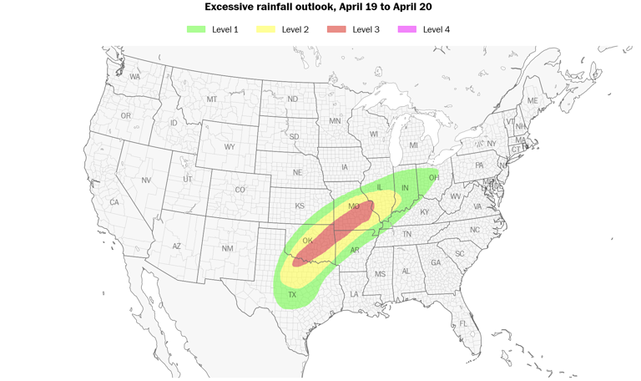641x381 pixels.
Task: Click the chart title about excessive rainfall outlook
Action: [x=318, y=7]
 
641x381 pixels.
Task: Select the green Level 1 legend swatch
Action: [x=195, y=29]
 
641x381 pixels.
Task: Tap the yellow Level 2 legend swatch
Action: [x=265, y=29]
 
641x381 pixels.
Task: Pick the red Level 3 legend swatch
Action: [x=336, y=29]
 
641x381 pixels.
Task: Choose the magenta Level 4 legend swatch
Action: [x=407, y=29]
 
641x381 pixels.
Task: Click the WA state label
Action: [x=134, y=77]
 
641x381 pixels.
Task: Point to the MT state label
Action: [x=212, y=99]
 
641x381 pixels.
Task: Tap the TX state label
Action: [x=292, y=295]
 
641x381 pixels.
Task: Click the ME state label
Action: [x=532, y=101]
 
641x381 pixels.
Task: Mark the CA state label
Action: [x=114, y=202]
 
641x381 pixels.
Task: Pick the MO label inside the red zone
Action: [x=353, y=206]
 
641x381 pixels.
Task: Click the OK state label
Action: [x=307, y=241]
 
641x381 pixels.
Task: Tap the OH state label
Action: [x=434, y=178]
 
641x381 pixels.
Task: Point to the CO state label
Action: [x=240, y=190]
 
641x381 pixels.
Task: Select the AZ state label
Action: [x=176, y=246]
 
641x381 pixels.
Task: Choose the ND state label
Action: [x=292, y=99]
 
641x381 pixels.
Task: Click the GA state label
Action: [x=435, y=262]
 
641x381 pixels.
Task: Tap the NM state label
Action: [x=227, y=249]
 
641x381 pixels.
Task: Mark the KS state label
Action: [x=300, y=206]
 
